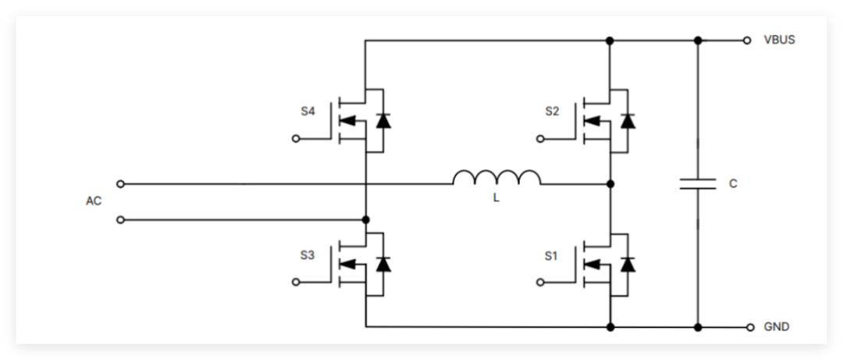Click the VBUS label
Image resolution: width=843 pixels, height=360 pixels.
coord(779,40)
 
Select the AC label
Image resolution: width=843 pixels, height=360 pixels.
coord(94,201)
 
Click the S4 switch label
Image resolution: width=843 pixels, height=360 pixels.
coord(308,112)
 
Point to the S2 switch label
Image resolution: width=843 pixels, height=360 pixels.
coord(552,112)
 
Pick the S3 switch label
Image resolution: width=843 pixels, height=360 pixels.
coord(308,255)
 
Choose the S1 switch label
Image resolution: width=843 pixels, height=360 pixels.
coord(552,255)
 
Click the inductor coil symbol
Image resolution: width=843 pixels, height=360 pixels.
coord(496,178)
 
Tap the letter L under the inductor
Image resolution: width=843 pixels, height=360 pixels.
coord(496,198)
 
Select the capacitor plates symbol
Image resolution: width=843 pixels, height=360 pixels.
coord(698,184)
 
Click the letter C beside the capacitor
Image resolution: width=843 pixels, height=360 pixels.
coord(733,184)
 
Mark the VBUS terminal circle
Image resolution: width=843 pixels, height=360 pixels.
coord(747,40)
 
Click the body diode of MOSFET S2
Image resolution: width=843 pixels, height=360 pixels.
coord(627,121)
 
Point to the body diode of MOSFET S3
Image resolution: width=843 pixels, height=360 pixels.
coord(382,265)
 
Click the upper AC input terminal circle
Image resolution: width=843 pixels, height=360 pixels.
coord(120,184)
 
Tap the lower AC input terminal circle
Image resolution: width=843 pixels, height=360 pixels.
coord(120,220)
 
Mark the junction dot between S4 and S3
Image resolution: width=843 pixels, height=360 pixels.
coord(365,220)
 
